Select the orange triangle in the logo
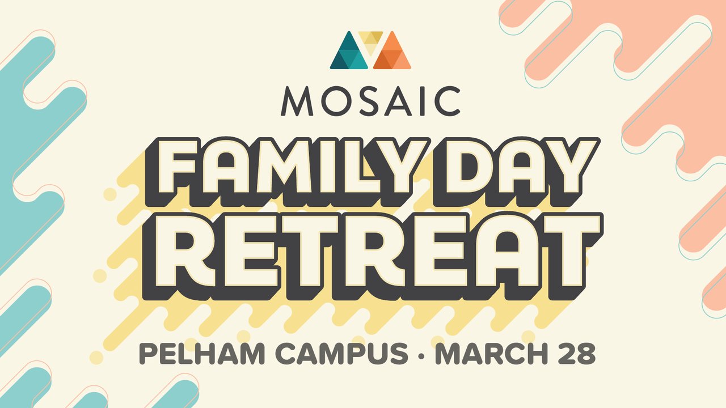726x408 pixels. (392, 53)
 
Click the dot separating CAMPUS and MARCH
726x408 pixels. (421, 356)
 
